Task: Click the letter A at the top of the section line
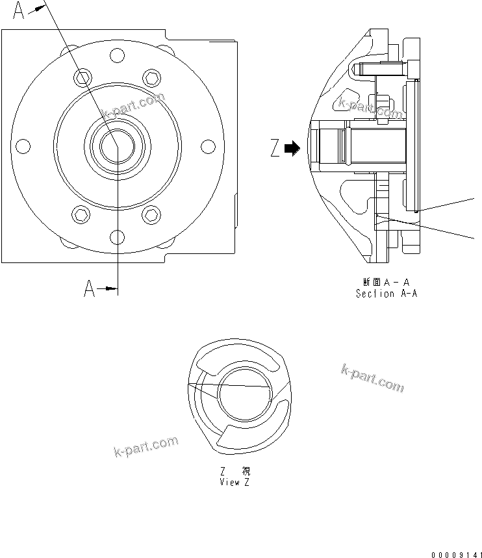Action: (x=19, y=11)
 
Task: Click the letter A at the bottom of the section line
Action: (x=90, y=288)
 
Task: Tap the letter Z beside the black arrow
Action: (x=275, y=149)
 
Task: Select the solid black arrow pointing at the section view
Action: (x=292, y=149)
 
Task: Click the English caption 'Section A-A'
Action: (x=386, y=294)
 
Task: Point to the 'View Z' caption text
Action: (x=234, y=482)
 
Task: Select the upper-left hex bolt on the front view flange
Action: (x=81, y=79)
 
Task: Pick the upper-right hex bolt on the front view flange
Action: (x=151, y=78)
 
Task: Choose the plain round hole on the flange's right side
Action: (x=209, y=146)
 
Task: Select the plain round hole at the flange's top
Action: (x=116, y=57)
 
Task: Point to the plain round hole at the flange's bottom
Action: (x=116, y=236)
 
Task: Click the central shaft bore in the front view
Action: (x=116, y=146)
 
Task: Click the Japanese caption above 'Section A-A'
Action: (x=386, y=282)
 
